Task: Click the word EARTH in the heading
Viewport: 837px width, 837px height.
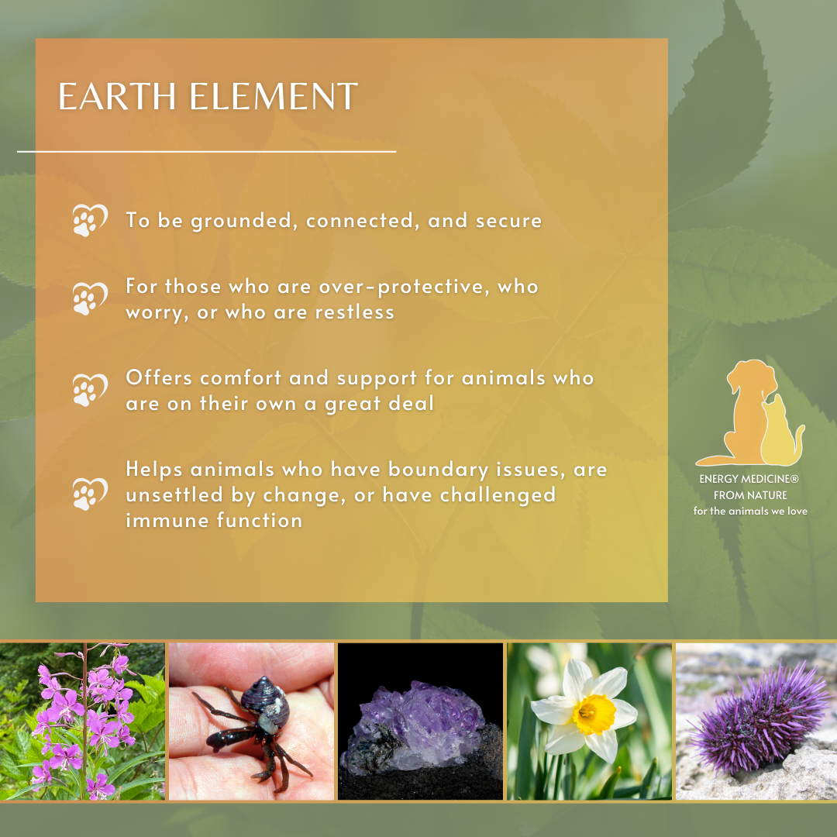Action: (x=108, y=97)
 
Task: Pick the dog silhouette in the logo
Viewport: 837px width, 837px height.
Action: (x=739, y=411)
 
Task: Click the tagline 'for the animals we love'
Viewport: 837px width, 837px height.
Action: (x=749, y=511)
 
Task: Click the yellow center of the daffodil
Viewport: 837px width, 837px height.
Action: (x=584, y=713)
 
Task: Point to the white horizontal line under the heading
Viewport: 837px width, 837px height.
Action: (x=206, y=152)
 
